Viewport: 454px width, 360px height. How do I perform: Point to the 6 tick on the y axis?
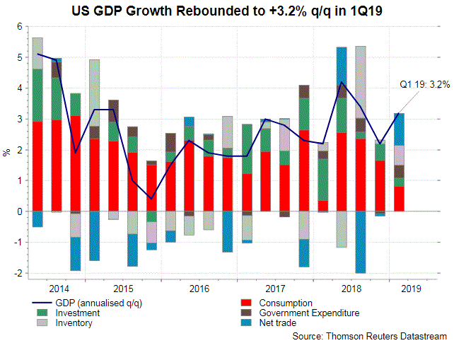tap(21, 26)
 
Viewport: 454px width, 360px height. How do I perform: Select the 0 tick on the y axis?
tap(21, 211)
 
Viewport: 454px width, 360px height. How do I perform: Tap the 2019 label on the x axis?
tap(409, 288)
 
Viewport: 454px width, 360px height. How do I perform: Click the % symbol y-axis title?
tap(7, 151)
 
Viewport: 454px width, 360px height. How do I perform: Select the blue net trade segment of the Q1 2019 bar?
tap(400, 129)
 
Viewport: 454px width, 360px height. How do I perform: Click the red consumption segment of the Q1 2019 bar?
tap(400, 199)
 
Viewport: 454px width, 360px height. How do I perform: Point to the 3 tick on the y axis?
tap(21, 119)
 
